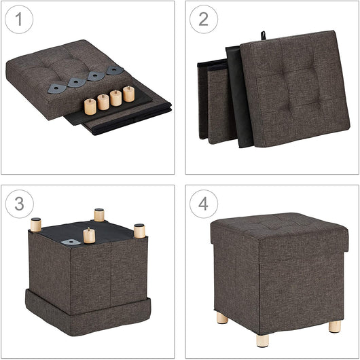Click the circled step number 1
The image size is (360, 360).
19,20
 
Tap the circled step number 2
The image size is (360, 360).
203,20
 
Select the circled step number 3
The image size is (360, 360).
19,204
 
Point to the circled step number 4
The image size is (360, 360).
203,204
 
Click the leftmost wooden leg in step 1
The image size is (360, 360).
90,106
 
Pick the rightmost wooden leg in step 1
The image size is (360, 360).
128,94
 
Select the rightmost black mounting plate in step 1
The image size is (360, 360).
115,70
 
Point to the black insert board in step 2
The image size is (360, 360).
238,95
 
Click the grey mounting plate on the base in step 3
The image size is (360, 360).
70,241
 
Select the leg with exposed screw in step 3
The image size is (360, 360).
89,236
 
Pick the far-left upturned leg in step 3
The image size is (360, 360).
35,224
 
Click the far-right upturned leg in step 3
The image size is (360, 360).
139,230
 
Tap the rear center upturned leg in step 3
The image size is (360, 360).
99,215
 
